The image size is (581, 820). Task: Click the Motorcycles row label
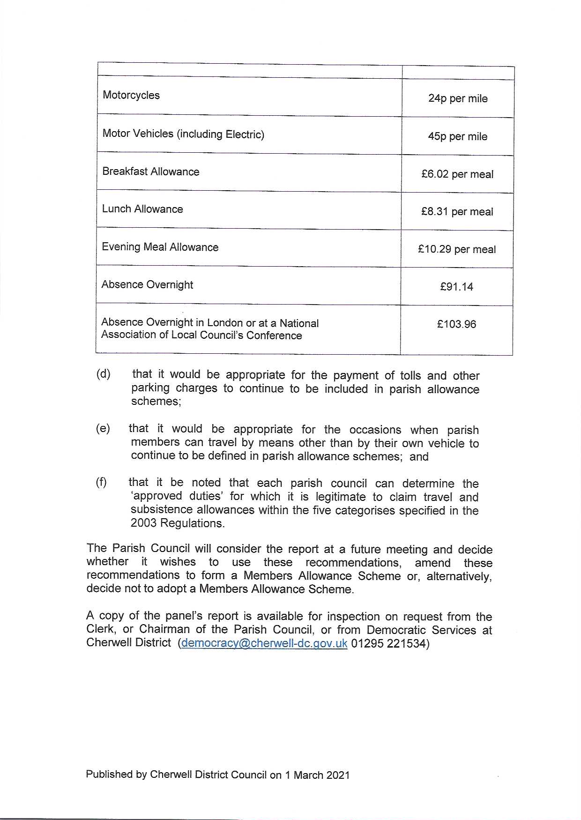click(131, 95)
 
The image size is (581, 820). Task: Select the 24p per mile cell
click(458, 98)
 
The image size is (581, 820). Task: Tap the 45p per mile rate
click(457, 136)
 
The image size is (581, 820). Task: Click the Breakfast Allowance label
click(151, 171)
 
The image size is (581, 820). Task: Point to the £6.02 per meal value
click(457, 174)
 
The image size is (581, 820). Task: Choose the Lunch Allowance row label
click(142, 209)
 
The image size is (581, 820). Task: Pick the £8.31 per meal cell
click(457, 212)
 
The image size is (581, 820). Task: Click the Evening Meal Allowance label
click(160, 247)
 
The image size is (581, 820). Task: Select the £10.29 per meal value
click(457, 249)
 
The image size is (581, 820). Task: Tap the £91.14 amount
click(456, 287)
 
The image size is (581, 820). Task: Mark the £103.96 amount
click(456, 324)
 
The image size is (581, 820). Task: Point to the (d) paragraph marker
click(103, 374)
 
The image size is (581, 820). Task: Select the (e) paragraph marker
click(103, 428)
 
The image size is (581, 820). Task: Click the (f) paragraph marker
click(101, 482)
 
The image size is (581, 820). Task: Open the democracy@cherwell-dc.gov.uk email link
click(264, 643)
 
